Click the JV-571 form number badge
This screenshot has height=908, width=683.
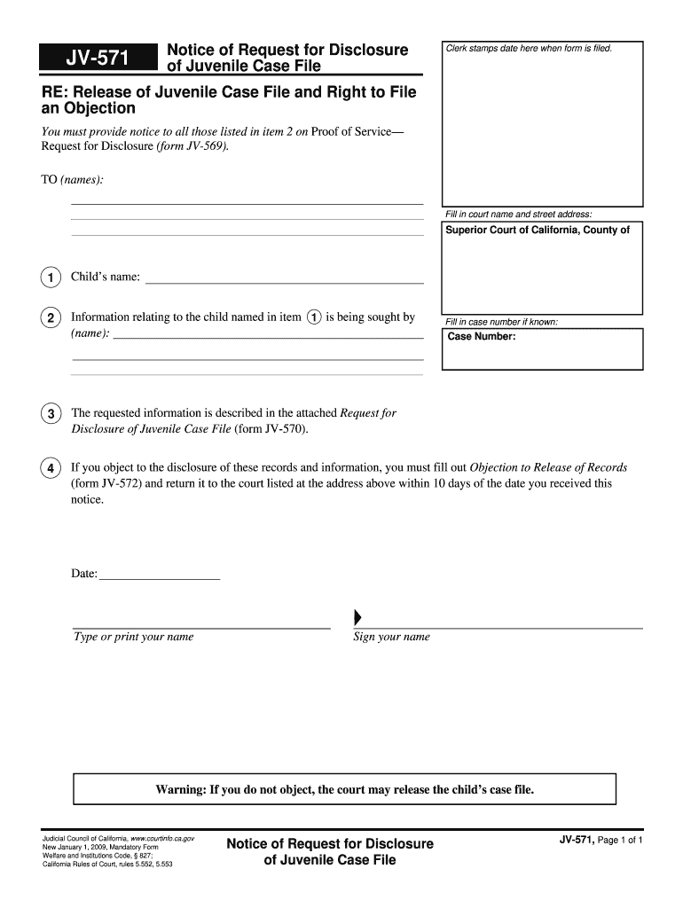click(x=98, y=59)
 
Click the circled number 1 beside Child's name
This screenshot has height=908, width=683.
click(x=51, y=278)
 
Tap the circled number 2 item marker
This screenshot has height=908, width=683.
click(x=51, y=318)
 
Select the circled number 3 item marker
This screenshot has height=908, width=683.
click(x=51, y=414)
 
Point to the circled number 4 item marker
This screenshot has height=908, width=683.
click(x=51, y=468)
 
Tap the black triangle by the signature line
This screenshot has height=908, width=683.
click(x=357, y=617)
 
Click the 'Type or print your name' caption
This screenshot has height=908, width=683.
click(x=133, y=637)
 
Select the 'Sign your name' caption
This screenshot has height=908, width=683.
click(x=391, y=637)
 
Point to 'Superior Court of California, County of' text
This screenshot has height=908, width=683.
click(x=538, y=231)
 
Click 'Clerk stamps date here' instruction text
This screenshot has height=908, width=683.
click(x=530, y=48)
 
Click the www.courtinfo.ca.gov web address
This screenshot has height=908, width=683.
click(x=162, y=838)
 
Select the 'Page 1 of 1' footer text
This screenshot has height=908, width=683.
click(x=624, y=840)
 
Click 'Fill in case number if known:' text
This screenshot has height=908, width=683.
click(x=501, y=322)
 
